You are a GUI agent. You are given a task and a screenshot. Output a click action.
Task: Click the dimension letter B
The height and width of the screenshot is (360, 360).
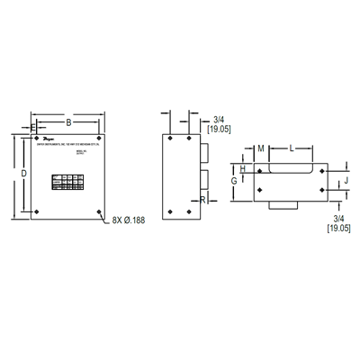[x=67, y=121]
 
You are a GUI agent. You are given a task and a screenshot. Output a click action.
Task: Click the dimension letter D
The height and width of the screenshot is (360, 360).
[x=23, y=172]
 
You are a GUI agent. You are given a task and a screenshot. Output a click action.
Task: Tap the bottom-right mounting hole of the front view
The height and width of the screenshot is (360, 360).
[x=98, y=212]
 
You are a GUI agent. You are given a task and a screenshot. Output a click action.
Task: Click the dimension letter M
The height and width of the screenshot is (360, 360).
[x=260, y=148]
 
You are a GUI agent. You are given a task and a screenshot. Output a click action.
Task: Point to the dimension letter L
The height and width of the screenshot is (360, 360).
[x=290, y=148]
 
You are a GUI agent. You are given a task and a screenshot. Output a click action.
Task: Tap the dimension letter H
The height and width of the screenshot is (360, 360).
[x=244, y=168]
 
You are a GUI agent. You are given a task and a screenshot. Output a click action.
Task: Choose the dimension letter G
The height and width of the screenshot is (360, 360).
[x=234, y=180]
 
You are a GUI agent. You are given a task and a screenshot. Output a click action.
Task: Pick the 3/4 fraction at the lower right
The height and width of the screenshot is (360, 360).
[x=338, y=219]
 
